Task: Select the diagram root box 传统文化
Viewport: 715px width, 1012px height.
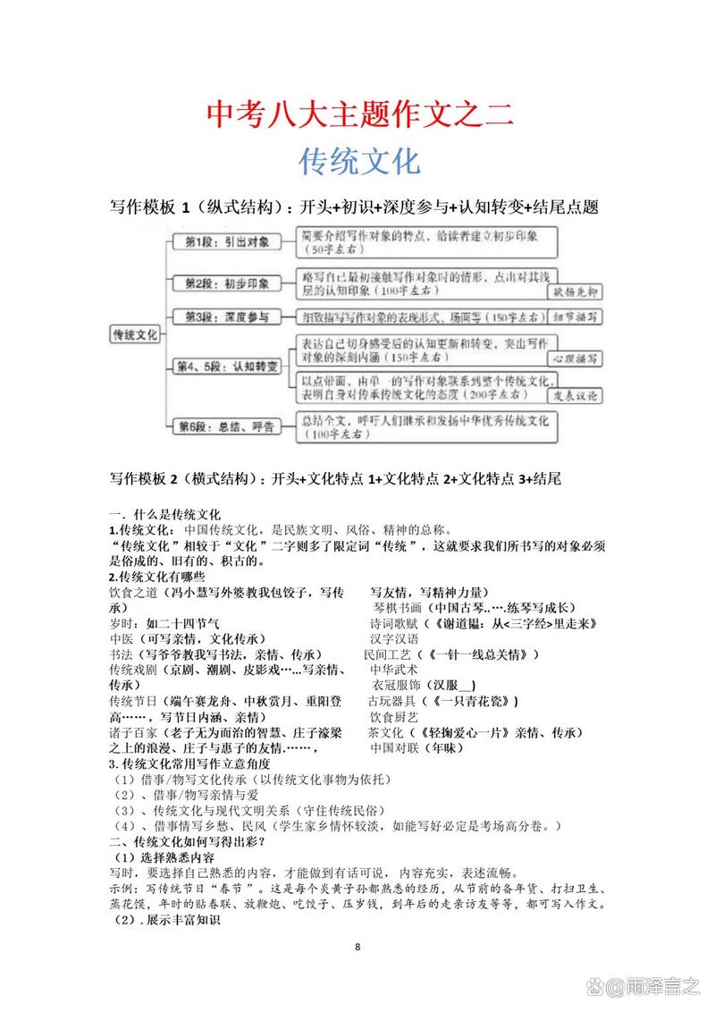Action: click(x=134, y=333)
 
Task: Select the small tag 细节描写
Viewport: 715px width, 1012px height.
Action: click(x=574, y=317)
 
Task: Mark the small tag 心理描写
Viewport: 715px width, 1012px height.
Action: click(x=574, y=358)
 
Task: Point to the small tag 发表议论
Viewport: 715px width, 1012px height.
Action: click(x=574, y=394)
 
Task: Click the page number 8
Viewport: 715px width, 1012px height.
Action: click(x=357, y=947)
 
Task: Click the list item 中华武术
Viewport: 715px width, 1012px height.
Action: click(x=394, y=669)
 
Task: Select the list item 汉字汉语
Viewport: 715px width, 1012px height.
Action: click(x=394, y=638)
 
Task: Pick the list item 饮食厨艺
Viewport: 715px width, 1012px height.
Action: click(x=394, y=716)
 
